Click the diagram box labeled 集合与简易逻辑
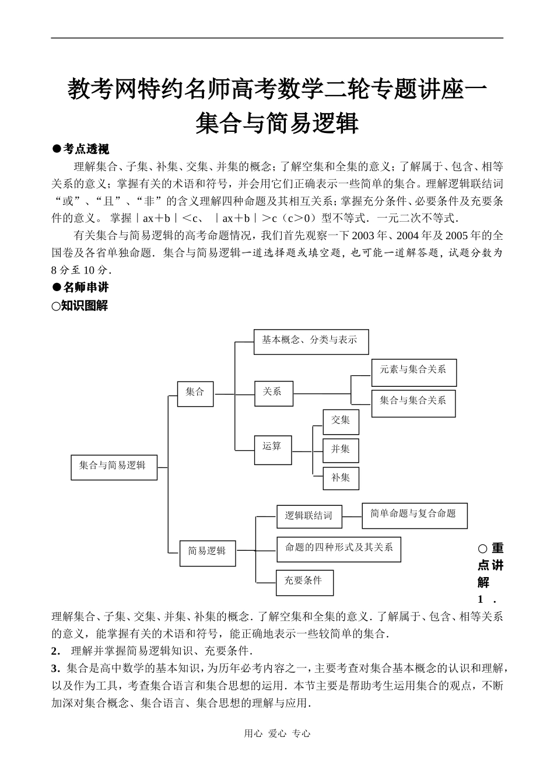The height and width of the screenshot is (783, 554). (x=114, y=467)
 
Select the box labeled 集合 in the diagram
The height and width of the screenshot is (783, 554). (x=195, y=393)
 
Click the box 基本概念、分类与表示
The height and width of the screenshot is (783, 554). (x=311, y=341)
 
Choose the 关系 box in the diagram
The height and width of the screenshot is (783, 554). (x=273, y=393)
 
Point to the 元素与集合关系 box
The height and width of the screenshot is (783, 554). (x=413, y=372)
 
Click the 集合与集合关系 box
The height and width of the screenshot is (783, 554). (x=413, y=403)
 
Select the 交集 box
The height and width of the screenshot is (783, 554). (x=341, y=421)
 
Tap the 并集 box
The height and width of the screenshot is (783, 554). (x=341, y=450)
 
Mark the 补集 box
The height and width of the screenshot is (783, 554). (x=341, y=478)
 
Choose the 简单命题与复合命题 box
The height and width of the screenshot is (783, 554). (x=414, y=515)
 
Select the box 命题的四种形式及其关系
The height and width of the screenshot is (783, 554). (x=339, y=549)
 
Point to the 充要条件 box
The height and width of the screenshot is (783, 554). (x=304, y=582)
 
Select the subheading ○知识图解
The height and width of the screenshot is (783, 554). (x=80, y=306)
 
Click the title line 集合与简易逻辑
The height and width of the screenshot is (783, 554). (x=276, y=123)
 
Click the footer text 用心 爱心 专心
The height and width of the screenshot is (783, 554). (x=277, y=734)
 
